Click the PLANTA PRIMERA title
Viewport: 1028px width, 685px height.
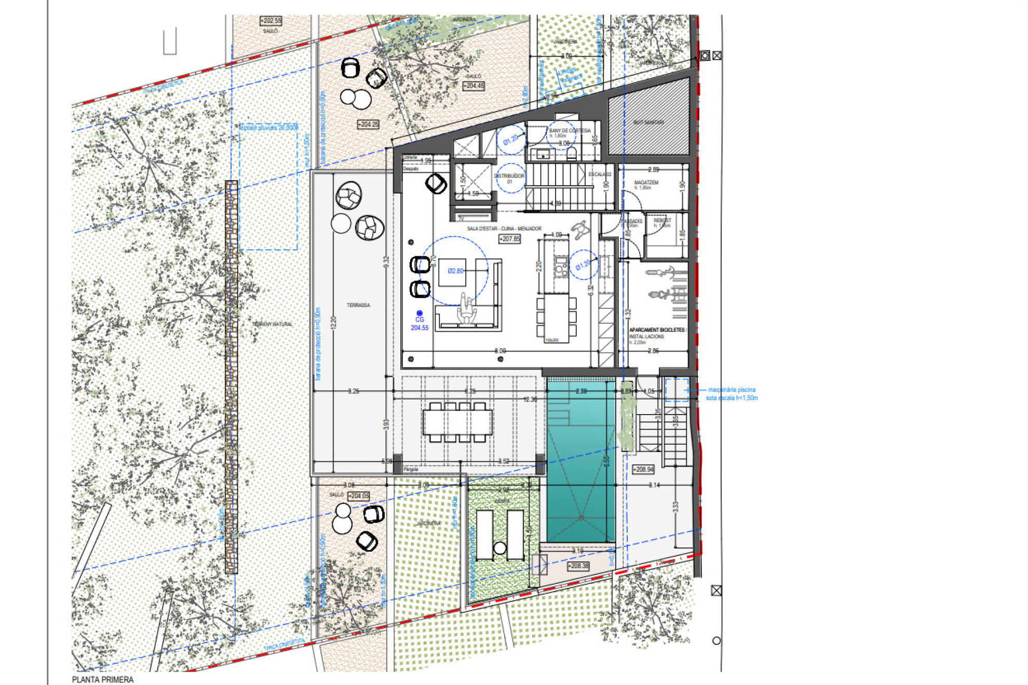click(x=103, y=679)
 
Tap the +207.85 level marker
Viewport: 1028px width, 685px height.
click(x=509, y=239)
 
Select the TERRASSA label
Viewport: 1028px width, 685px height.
click(x=358, y=305)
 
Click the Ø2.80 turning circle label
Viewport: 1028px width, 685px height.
click(x=455, y=271)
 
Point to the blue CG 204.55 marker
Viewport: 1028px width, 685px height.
click(x=420, y=321)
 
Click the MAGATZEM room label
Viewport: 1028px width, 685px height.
click(x=646, y=183)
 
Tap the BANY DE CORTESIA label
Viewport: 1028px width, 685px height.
click(x=570, y=130)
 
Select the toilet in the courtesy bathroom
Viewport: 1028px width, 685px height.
click(x=572, y=153)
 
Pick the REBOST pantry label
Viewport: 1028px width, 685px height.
click(x=662, y=221)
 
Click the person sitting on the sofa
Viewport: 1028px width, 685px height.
click(x=467, y=309)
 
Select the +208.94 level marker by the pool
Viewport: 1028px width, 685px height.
click(x=643, y=469)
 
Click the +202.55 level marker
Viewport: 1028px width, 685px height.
click(x=270, y=21)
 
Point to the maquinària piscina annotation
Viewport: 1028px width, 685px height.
click(x=732, y=393)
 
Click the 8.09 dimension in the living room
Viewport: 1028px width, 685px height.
click(x=499, y=351)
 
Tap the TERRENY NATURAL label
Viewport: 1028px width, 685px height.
click(x=272, y=324)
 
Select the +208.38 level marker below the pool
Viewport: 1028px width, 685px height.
click(x=578, y=566)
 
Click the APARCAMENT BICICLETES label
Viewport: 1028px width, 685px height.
click(x=657, y=330)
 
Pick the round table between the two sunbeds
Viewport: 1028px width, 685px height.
click(x=499, y=547)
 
